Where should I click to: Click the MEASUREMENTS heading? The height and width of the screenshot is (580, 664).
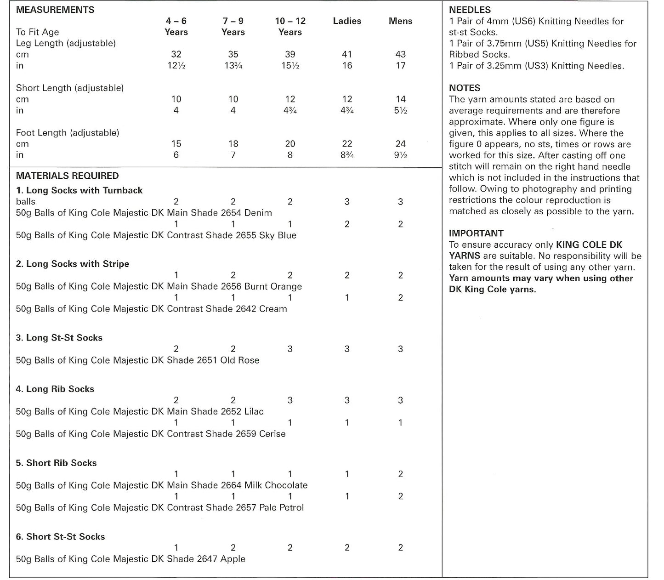(55, 10)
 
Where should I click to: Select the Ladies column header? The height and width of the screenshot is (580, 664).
(347, 21)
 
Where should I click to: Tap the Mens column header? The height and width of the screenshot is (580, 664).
(400, 21)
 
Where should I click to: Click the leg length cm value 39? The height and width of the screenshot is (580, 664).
(290, 54)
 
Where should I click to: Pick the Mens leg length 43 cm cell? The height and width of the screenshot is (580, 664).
(400, 54)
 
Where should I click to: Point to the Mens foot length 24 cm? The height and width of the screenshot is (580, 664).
(400, 144)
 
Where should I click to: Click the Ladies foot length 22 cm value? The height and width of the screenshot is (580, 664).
(347, 144)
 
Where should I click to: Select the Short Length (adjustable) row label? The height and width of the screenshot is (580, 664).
(70, 88)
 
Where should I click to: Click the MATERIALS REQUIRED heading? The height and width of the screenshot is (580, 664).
(67, 176)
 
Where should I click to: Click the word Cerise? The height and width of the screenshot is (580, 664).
(272, 434)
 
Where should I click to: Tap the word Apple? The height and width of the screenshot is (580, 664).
(233, 559)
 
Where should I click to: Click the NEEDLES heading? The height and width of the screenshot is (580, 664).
(470, 10)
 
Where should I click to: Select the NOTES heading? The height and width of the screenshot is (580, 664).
(465, 88)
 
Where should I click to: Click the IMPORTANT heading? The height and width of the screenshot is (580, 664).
(476, 233)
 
